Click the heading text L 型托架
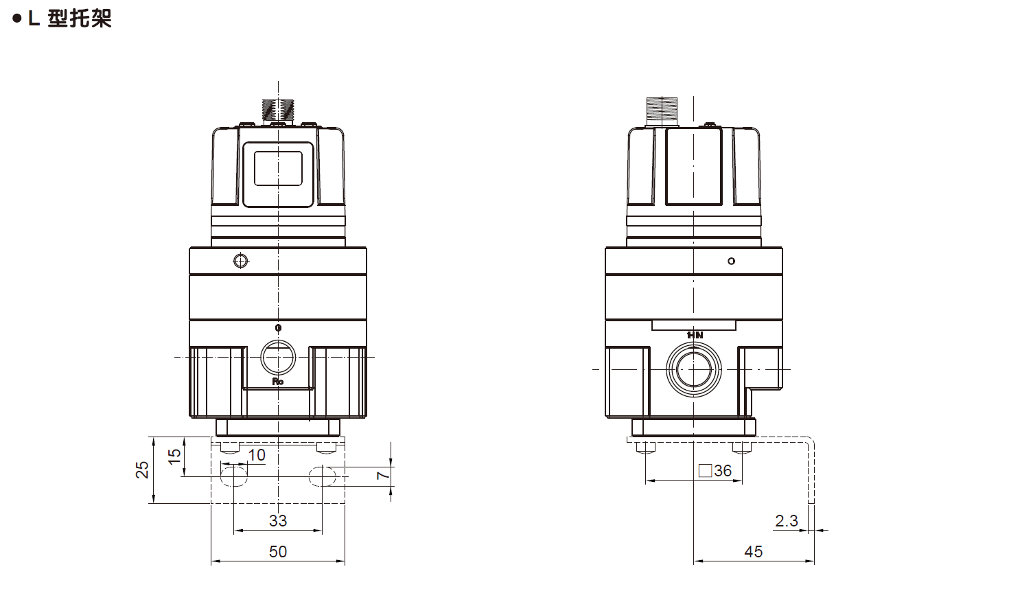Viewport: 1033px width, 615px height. click(69, 19)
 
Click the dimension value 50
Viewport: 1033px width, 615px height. click(278, 552)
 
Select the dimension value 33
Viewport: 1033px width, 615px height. click(278, 521)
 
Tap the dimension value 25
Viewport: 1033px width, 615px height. click(142, 469)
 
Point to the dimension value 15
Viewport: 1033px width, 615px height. click(175, 454)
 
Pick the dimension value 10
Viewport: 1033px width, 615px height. click(256, 455)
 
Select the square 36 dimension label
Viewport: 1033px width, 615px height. click(715, 471)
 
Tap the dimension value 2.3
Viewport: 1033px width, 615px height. click(787, 521)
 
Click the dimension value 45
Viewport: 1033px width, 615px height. click(753, 552)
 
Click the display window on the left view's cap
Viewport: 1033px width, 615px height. click(278, 168)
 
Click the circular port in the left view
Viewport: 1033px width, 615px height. click(278, 358)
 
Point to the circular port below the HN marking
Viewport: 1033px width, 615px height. click(695, 370)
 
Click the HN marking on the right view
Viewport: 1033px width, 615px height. click(695, 335)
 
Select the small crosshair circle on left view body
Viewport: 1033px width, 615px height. click(240, 261)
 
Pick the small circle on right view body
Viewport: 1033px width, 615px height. click(731, 261)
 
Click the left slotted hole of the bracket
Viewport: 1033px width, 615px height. click(233, 476)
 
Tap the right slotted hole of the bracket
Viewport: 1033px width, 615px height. click(322, 476)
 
